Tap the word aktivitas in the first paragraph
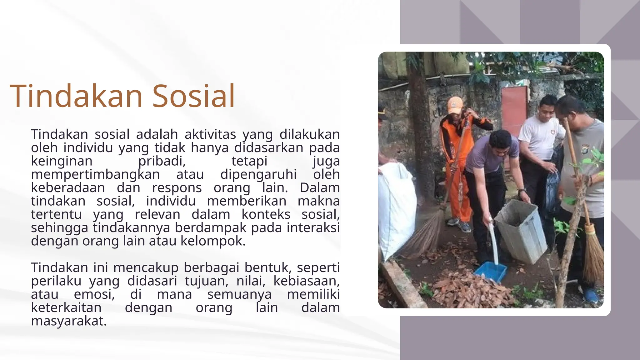point(210,134)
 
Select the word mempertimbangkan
point(95,174)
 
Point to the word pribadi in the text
point(162,161)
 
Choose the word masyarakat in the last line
point(69,321)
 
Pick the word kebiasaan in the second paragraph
point(306,281)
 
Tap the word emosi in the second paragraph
point(94,294)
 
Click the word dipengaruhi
point(258,174)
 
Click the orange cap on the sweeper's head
point(455,104)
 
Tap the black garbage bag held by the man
point(552,191)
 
